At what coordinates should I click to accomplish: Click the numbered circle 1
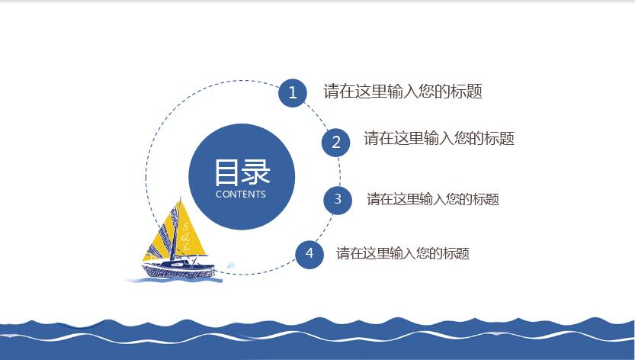(293, 93)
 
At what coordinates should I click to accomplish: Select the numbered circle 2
(336, 143)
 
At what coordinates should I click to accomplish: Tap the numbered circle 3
(338, 200)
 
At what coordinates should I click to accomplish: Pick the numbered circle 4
(309, 254)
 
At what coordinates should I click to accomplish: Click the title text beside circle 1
(402, 92)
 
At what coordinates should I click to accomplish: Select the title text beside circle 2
(439, 138)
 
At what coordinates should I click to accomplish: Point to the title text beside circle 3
(432, 199)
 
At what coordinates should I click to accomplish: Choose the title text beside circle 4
(402, 253)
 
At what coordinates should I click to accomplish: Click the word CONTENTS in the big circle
(241, 194)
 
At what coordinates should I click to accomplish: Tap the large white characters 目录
(242, 172)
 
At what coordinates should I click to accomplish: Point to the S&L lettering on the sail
(185, 236)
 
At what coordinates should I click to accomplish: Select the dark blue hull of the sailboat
(178, 269)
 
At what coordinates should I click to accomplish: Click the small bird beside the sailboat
(231, 265)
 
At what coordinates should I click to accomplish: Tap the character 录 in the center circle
(256, 172)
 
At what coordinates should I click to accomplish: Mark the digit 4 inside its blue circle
(309, 253)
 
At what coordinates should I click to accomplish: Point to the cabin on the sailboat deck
(178, 262)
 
